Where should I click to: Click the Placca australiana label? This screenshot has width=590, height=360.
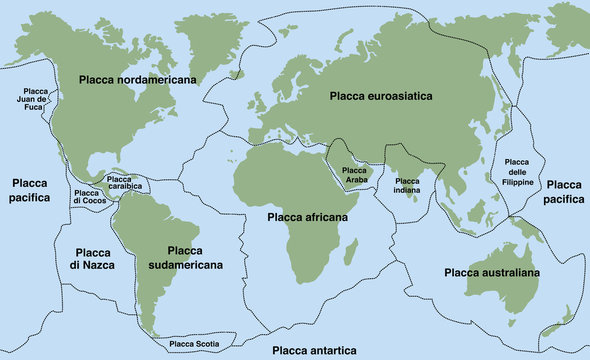click(492, 271)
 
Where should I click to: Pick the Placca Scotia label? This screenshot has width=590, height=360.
click(194, 344)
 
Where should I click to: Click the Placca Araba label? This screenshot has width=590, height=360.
click(355, 174)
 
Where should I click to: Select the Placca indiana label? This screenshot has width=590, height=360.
click(407, 184)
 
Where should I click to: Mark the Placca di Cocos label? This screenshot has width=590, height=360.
click(88, 197)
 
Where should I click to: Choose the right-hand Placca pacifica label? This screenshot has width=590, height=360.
click(564, 191)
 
